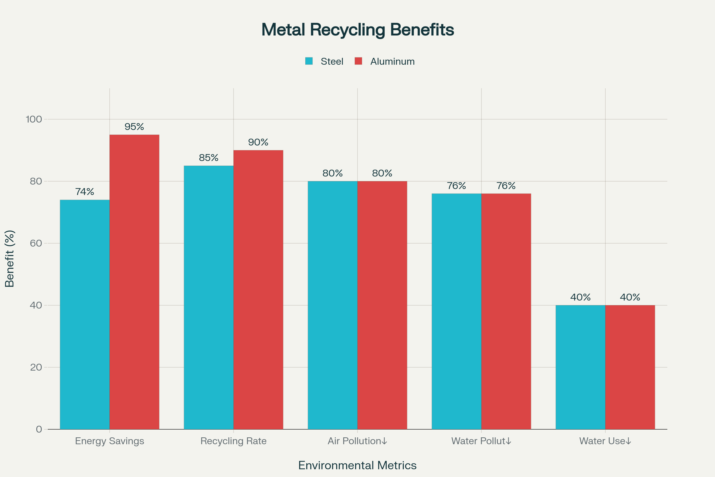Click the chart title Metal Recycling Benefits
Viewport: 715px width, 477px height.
[x=357, y=30]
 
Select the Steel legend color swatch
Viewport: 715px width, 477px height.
[x=309, y=61]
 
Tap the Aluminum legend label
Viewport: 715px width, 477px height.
[x=392, y=61]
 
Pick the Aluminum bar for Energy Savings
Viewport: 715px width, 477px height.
[x=134, y=282]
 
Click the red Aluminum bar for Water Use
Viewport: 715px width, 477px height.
[x=630, y=367]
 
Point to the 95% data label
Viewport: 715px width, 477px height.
[x=134, y=126]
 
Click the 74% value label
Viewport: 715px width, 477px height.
[x=85, y=192]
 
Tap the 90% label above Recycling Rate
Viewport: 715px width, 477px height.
[x=258, y=142]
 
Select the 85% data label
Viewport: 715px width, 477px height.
[x=209, y=158]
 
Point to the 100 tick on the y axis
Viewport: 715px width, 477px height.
[x=34, y=119]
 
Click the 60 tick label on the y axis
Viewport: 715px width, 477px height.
[x=36, y=243]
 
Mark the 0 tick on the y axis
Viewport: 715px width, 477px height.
[x=39, y=429]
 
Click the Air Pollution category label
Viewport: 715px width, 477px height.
[x=357, y=441]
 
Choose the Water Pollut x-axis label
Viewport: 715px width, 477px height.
[x=481, y=441]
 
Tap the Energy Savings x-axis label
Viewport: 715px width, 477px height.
[x=109, y=441]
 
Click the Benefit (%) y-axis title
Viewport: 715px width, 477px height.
[x=10, y=258]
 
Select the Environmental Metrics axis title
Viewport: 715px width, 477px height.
[x=357, y=465]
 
